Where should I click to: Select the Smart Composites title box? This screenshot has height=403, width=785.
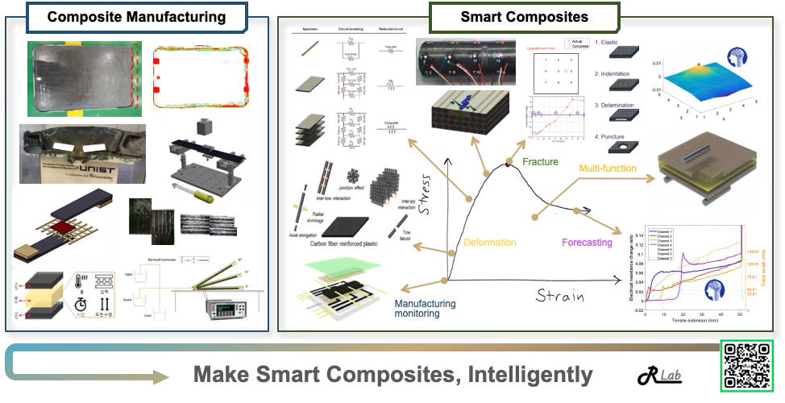524,16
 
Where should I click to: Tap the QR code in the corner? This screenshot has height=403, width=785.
746,367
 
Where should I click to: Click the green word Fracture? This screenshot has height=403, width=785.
540,162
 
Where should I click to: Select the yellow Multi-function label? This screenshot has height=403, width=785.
608,168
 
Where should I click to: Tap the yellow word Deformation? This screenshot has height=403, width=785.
489,243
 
